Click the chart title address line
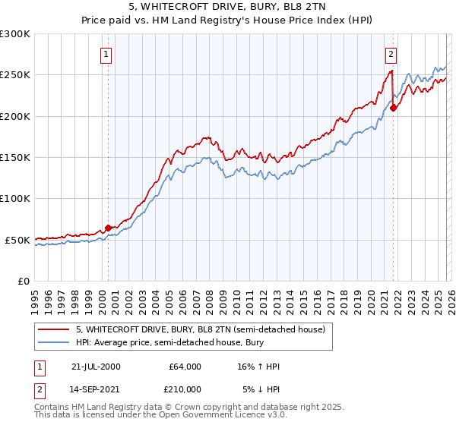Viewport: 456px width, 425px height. pyautogui.click(x=227, y=7)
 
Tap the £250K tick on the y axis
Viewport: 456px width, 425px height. pyautogui.click(x=15, y=75)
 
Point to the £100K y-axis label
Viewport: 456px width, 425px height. pyautogui.click(x=15, y=199)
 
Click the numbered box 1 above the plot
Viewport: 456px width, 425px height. pyautogui.click(x=106, y=54)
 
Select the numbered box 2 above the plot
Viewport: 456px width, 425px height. pyautogui.click(x=390, y=54)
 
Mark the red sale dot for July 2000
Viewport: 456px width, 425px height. pyautogui.click(x=108, y=228)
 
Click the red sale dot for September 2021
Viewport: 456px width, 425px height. pyautogui.click(x=393, y=108)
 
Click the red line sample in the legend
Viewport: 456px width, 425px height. pyautogui.click(x=55, y=329)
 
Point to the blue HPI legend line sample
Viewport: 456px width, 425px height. pyautogui.click(x=55, y=342)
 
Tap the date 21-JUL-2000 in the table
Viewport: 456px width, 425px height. pyautogui.click(x=94, y=367)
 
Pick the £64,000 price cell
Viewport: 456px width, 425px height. pyautogui.click(x=185, y=367)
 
